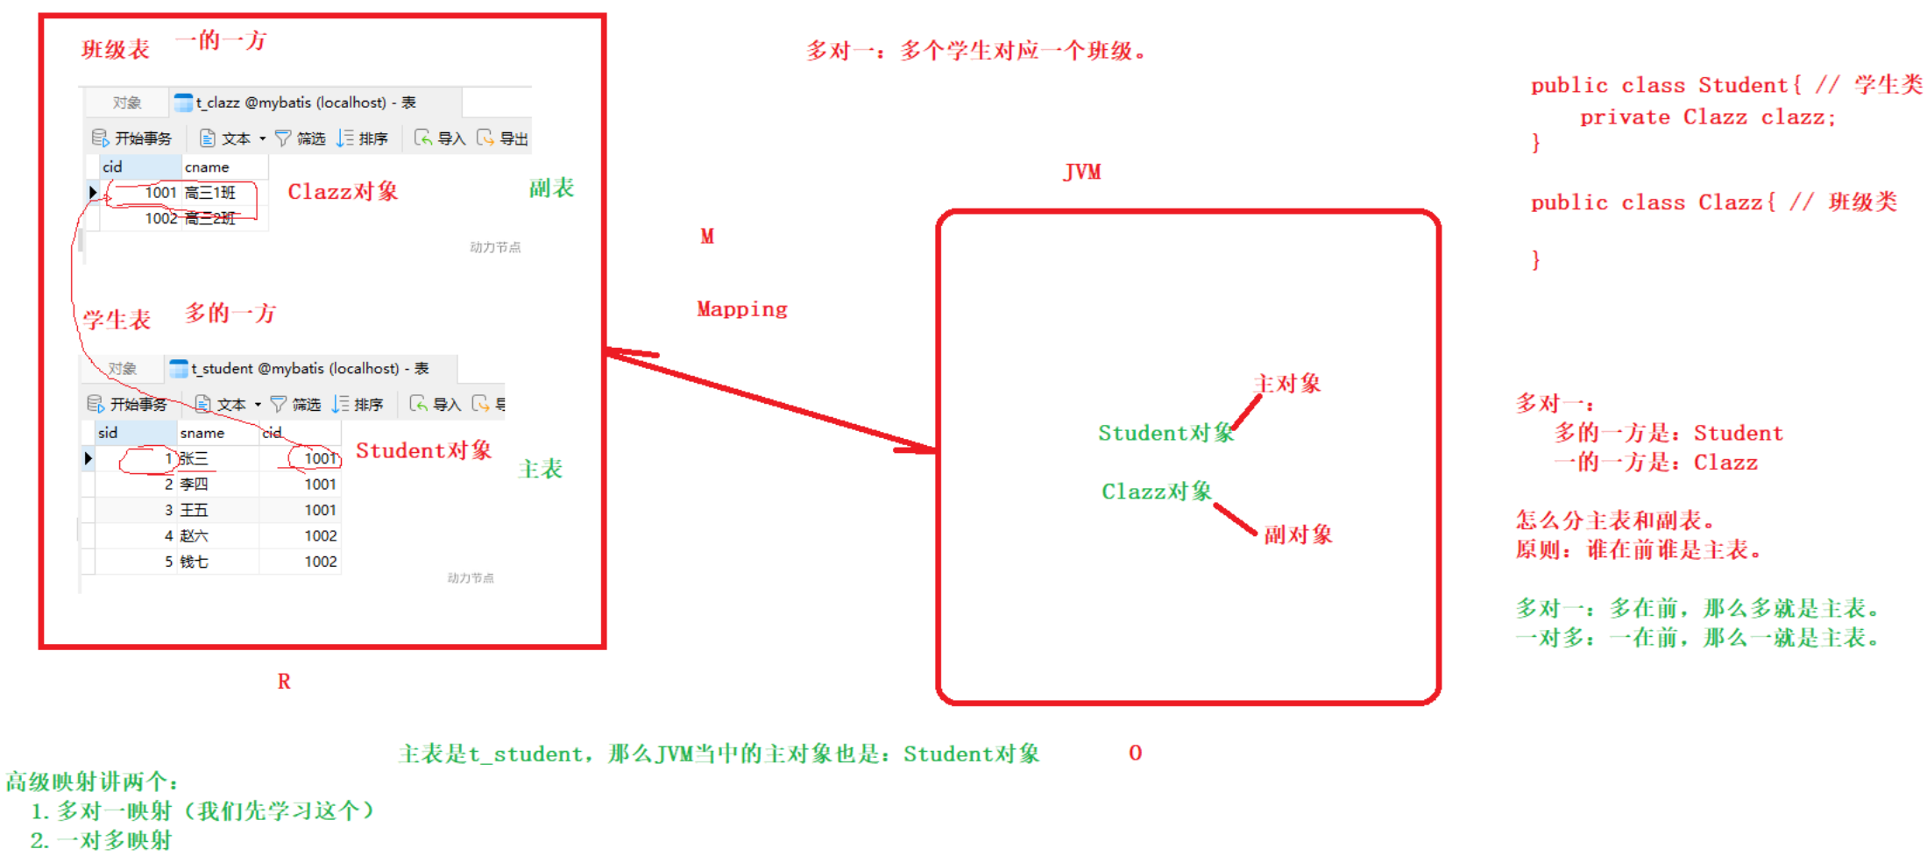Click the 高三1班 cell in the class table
click(210, 193)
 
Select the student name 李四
click(194, 485)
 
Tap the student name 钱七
click(194, 562)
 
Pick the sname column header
click(202, 433)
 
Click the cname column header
click(207, 166)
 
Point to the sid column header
click(108, 433)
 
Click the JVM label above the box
click(1082, 172)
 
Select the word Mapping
click(742, 309)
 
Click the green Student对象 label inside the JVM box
click(1165, 433)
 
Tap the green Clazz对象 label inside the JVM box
click(1157, 492)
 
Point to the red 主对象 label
click(1287, 384)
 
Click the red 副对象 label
click(1298, 534)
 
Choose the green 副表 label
click(551, 188)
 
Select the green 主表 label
click(541, 470)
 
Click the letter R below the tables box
click(284, 682)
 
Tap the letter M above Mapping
click(707, 237)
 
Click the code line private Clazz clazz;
click(1707, 117)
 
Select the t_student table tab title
click(309, 369)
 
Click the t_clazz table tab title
click(305, 103)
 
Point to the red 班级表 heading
click(116, 49)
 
